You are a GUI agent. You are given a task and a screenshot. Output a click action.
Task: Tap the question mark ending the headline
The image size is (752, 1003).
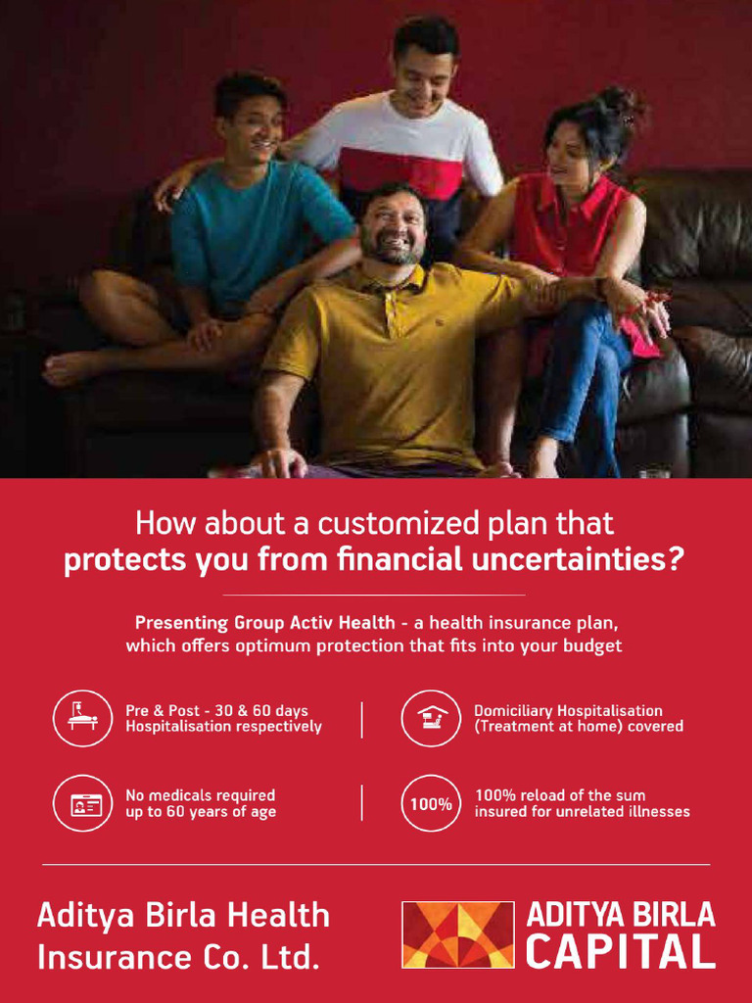(x=677, y=561)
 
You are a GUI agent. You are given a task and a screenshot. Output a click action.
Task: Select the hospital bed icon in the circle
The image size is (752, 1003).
(x=82, y=718)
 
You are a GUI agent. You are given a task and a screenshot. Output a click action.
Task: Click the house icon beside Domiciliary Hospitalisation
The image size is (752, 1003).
(x=431, y=718)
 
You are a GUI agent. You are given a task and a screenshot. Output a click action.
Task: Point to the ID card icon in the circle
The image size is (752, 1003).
(x=82, y=803)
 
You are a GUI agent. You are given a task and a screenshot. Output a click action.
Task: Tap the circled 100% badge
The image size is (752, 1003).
(x=431, y=803)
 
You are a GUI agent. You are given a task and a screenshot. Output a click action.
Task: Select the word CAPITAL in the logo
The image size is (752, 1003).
(x=619, y=952)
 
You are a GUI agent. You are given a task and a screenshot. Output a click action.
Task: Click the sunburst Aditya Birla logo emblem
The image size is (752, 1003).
(x=458, y=935)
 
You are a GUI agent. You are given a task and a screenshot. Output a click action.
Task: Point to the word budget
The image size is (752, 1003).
(x=590, y=646)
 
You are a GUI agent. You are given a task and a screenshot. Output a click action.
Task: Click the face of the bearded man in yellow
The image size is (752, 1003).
(x=393, y=228)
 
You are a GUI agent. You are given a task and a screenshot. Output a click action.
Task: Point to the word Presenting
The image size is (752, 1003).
(x=181, y=623)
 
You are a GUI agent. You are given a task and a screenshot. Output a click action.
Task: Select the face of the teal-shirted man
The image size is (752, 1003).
(x=255, y=128)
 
